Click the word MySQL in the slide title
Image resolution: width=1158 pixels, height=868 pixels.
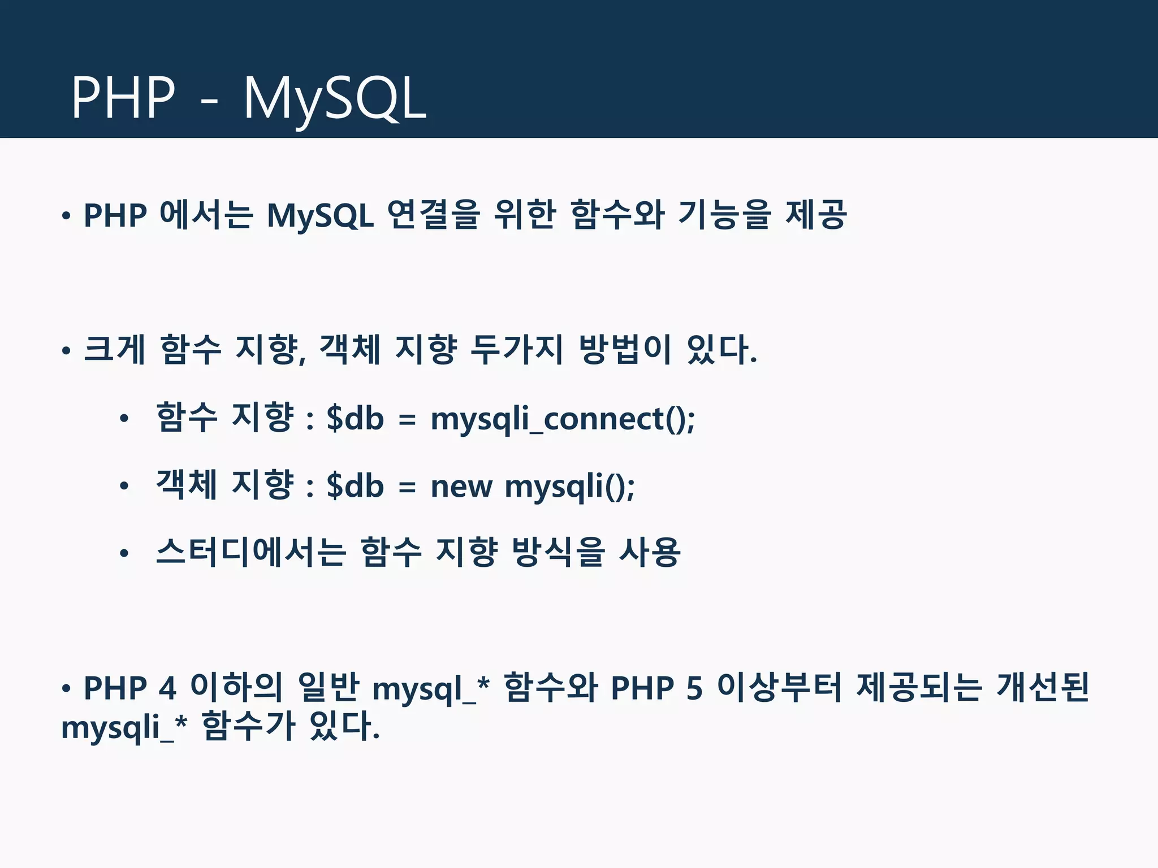[335, 99]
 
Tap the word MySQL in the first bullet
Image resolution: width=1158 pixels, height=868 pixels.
[320, 216]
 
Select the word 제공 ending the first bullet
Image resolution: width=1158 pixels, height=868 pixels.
[816, 215]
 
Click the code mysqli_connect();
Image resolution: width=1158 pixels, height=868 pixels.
[563, 419]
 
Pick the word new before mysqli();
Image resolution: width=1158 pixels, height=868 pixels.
[461, 486]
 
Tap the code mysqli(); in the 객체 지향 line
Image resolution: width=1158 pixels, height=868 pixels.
[569, 486]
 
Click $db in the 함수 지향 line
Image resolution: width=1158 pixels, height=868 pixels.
[355, 419]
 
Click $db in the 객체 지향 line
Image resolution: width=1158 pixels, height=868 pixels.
[355, 486]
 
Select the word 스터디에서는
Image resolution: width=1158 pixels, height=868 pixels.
[250, 552]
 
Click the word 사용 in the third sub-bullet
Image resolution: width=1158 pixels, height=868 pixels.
[650, 552]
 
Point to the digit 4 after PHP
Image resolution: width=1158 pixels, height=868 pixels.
[167, 688]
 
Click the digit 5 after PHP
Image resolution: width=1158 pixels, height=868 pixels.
[695, 688]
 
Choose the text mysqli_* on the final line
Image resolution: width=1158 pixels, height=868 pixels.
[124, 728]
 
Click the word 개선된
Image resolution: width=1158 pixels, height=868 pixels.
[1042, 687]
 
